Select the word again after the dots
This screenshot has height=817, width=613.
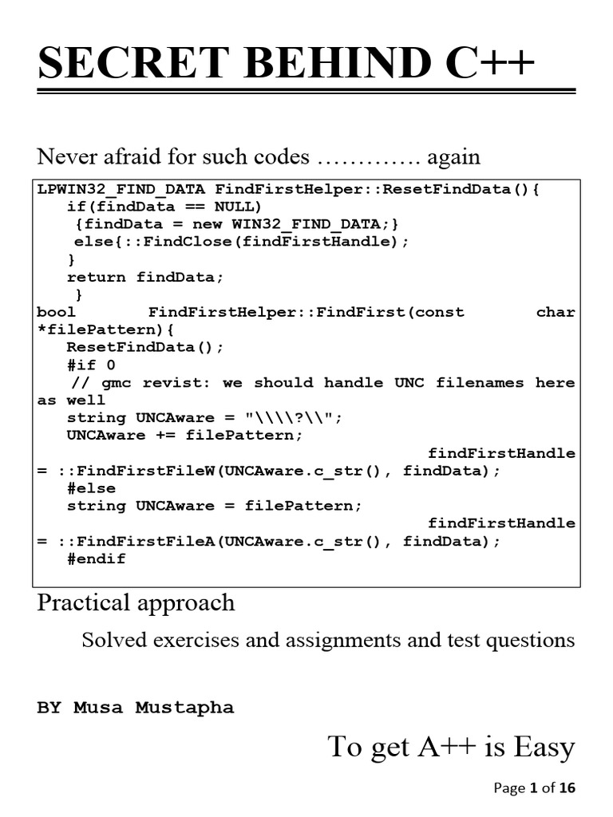(x=453, y=156)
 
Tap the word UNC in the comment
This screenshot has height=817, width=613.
(x=409, y=382)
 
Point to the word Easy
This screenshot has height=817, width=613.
(x=544, y=748)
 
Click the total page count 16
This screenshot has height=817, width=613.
(x=567, y=788)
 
